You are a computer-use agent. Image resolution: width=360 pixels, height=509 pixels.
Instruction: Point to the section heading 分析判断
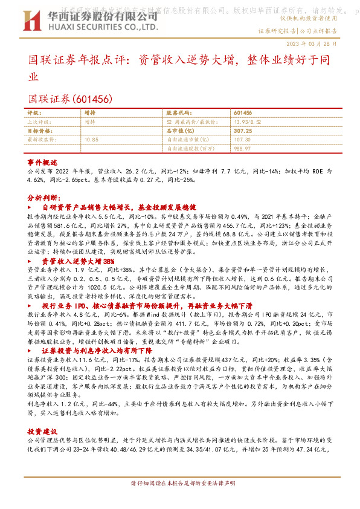tap(43, 198)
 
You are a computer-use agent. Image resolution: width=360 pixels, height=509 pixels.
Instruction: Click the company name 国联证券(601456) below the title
tap(70, 97)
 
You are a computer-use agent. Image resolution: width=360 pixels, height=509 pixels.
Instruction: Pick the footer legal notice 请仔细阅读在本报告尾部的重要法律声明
tap(179, 501)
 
